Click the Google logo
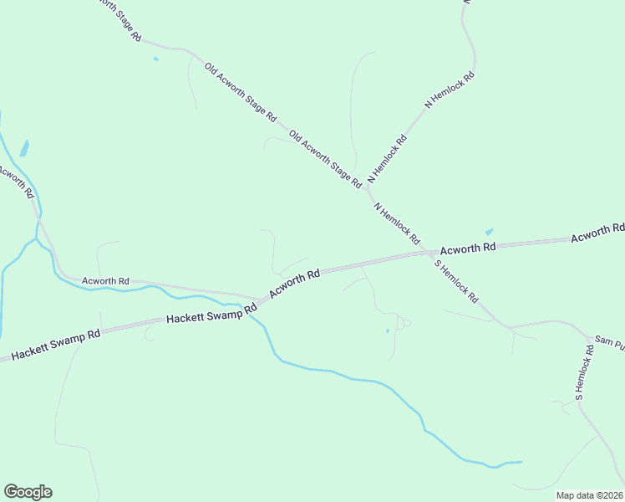click(x=28, y=492)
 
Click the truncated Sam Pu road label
click(x=609, y=342)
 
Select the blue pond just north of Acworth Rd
click(x=489, y=232)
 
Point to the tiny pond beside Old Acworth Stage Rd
click(x=155, y=59)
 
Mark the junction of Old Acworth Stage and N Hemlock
click(x=366, y=188)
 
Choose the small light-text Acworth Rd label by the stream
click(x=105, y=281)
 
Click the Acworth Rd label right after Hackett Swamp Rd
click(x=295, y=285)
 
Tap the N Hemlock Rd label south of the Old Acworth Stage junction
click(x=396, y=223)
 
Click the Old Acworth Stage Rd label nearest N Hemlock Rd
click(x=324, y=158)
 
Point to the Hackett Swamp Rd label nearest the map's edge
click(x=50, y=344)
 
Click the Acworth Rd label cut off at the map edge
click(x=597, y=233)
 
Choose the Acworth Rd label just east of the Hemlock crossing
click(x=468, y=248)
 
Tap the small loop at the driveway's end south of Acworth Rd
click(x=405, y=322)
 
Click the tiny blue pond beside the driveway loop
click(x=388, y=331)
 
